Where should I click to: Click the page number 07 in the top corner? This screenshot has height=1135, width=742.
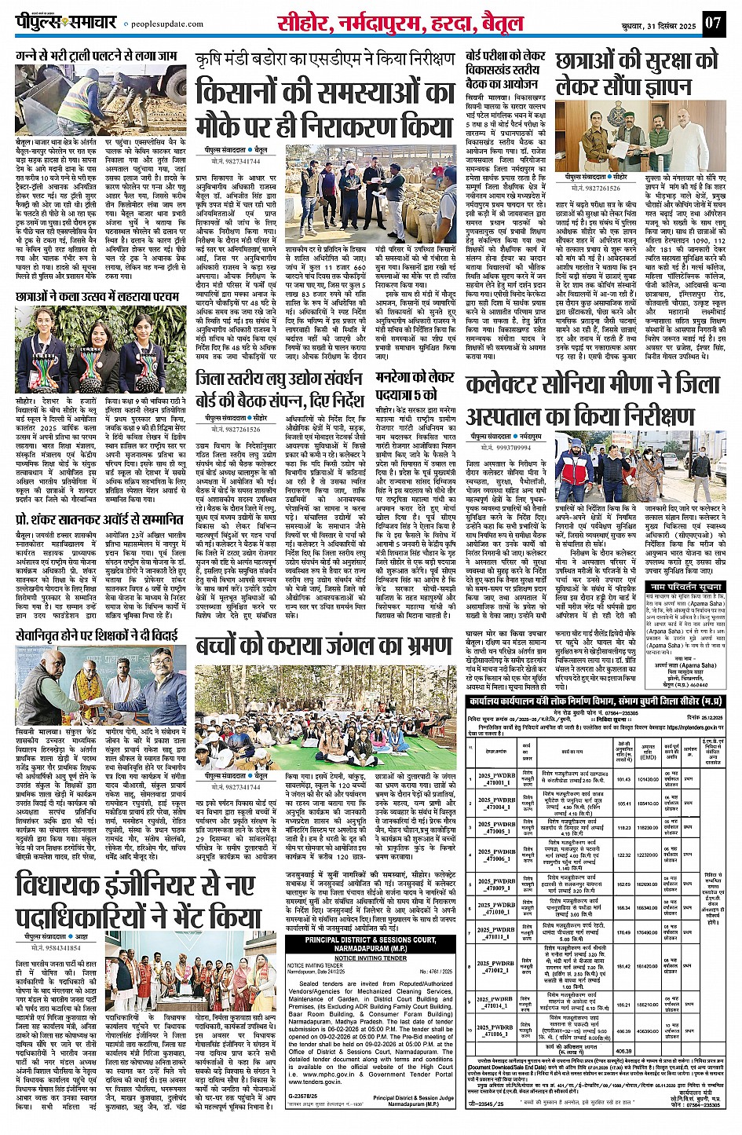(712, 22)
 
